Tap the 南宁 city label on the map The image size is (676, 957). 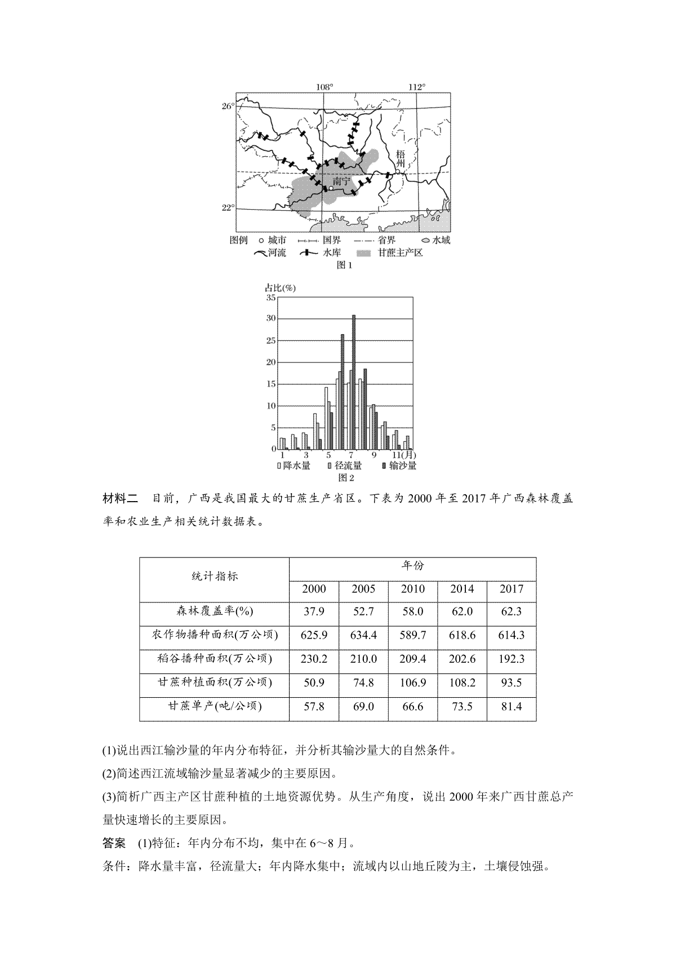[341, 181]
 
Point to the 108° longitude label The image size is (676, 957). [324, 87]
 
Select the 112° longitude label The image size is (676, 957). [417, 87]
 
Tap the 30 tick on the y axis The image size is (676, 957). [272, 318]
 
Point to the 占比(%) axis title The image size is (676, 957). [281, 287]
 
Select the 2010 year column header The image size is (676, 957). [413, 589]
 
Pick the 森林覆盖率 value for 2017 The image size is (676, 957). [511, 612]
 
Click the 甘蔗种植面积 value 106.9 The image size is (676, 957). [413, 683]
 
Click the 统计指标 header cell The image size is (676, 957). [215, 577]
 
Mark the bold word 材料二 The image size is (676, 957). [120, 499]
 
